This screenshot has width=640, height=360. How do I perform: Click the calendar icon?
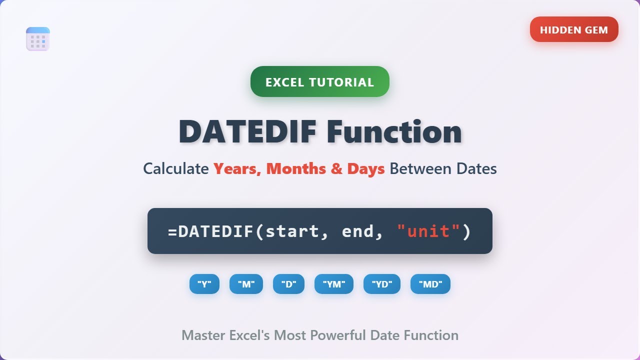point(38,39)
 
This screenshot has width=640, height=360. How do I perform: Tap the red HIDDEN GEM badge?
point(574,29)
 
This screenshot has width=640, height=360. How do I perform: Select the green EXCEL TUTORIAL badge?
point(319,82)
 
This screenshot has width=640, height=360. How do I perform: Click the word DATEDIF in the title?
point(247,132)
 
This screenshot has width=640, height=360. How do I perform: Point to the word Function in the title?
point(394,132)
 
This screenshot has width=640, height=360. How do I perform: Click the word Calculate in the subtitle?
point(176,169)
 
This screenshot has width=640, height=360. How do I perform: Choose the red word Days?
point(365,169)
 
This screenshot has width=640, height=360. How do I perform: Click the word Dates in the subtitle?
point(476,169)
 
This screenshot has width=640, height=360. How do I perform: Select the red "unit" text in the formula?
point(428,231)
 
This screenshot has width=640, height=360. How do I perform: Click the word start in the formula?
point(291,231)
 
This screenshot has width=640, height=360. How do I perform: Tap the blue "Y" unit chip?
point(204,284)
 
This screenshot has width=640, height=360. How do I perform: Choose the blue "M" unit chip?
point(246,284)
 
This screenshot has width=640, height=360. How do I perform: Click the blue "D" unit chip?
point(288,284)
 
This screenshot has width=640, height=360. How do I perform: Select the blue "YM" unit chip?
point(333,284)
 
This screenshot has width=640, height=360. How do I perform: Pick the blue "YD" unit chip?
point(381,284)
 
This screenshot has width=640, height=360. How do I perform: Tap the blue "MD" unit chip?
point(430,284)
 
